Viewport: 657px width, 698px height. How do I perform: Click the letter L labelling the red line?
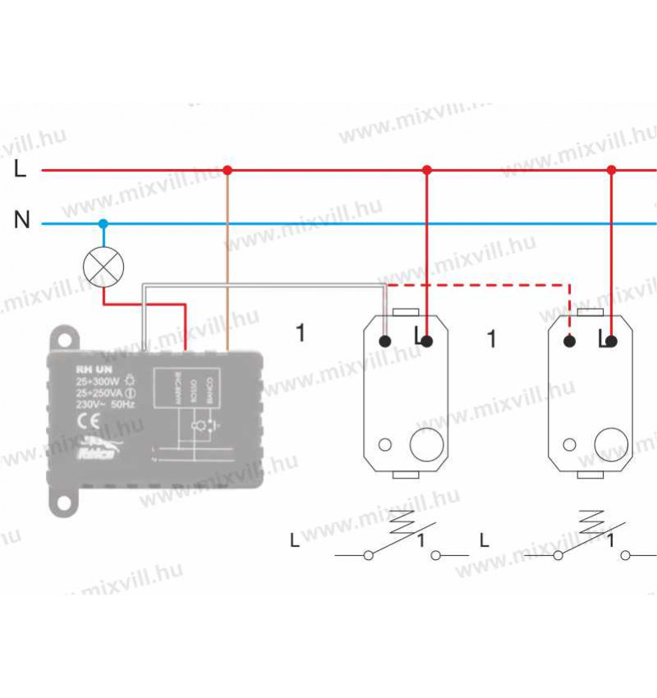(x=21, y=170)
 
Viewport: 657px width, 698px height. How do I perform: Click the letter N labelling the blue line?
(x=22, y=220)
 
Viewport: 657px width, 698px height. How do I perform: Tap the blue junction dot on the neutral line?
(x=103, y=223)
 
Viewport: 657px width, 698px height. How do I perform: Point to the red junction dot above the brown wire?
(x=227, y=170)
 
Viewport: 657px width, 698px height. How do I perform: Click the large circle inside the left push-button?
(x=425, y=444)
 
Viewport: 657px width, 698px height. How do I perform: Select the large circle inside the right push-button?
(x=610, y=444)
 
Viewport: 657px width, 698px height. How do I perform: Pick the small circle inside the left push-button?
(x=385, y=445)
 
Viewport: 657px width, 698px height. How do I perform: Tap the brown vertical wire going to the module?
(x=227, y=263)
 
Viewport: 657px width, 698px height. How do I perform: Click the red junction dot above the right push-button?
(x=611, y=170)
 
